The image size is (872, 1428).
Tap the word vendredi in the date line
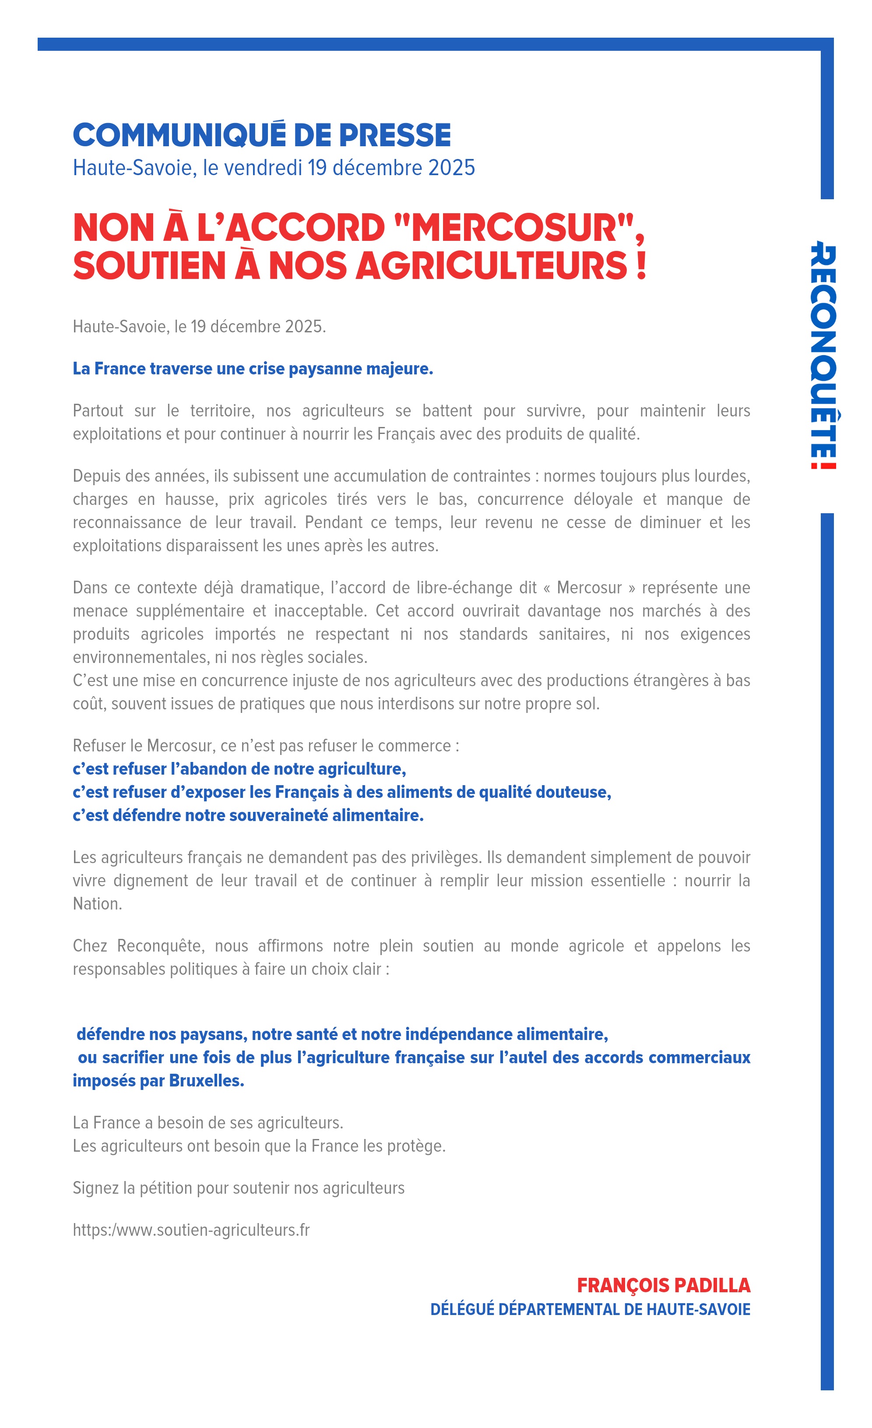click(263, 167)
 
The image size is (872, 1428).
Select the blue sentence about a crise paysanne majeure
click(253, 369)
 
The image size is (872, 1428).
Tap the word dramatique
click(281, 588)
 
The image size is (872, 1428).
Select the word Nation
click(97, 903)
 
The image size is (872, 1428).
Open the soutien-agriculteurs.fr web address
click(191, 1230)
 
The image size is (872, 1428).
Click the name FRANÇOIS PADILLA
click(664, 1285)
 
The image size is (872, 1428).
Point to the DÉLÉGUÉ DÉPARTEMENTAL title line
click(590, 1309)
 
